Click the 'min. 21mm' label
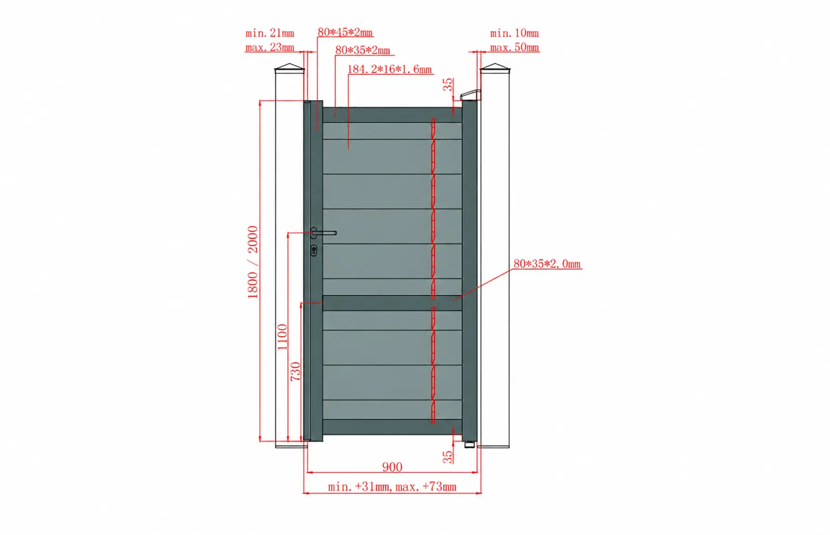(x=270, y=33)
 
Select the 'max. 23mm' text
(x=270, y=47)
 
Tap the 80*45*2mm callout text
(x=345, y=32)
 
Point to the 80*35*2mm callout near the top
(x=363, y=50)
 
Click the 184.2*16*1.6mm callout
(x=390, y=70)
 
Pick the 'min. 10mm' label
(x=514, y=33)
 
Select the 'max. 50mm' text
(x=514, y=47)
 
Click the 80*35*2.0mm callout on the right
(x=547, y=264)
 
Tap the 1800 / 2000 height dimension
(x=253, y=262)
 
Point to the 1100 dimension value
(x=282, y=337)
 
